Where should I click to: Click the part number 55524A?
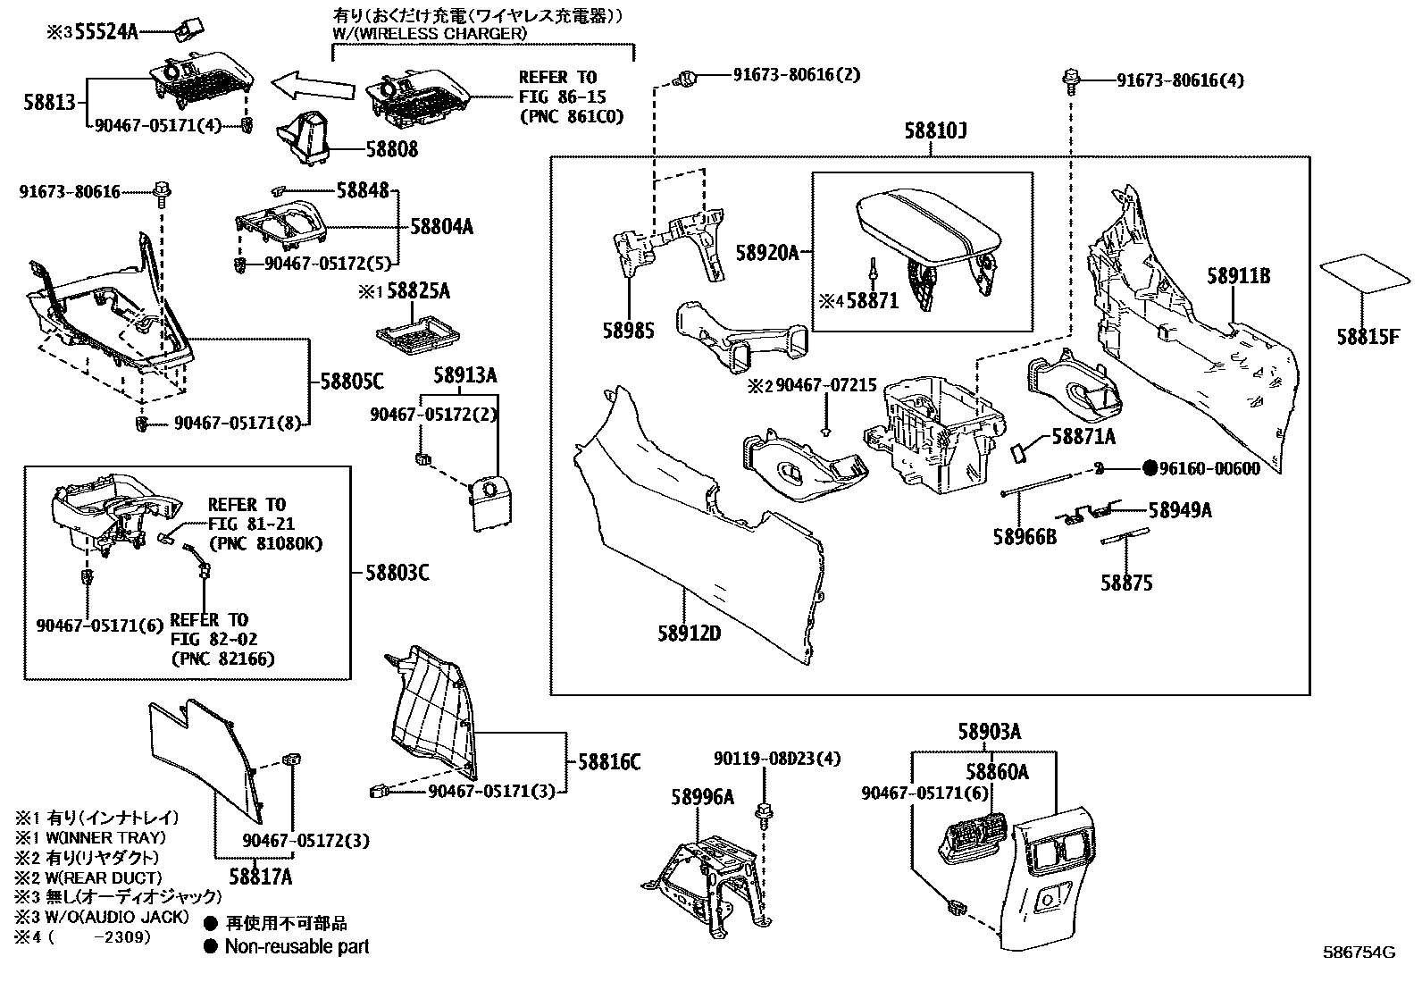pos(106,32)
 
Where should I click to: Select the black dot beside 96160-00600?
pos(1150,468)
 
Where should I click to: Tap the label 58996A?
pos(702,797)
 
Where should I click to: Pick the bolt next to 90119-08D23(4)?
pos(765,815)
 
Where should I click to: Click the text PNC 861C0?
pos(572,116)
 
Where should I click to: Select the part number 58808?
pos(390,150)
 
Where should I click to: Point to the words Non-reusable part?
pos(297,946)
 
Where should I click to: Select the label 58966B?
pos(1025,537)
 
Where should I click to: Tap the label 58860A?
pos(996,771)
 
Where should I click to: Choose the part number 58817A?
pos(260,877)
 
